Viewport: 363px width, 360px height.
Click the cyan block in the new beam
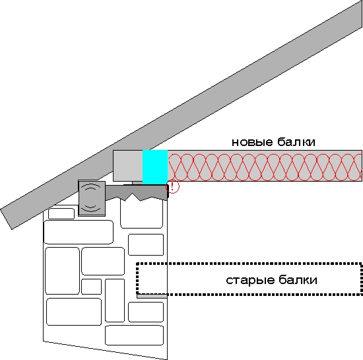155,167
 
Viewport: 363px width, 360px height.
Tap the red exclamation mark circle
172,187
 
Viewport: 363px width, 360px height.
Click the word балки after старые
298,279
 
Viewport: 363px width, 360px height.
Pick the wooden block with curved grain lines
92,198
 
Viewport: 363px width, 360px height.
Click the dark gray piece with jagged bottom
137,192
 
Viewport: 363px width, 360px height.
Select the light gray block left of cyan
128,165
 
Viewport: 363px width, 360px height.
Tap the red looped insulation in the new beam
265,167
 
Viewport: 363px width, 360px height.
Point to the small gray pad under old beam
152,297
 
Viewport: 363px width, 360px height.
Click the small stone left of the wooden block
61,213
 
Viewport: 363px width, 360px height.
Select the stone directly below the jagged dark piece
142,213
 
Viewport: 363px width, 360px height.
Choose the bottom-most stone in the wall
134,335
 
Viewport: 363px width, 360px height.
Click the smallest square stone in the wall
92,287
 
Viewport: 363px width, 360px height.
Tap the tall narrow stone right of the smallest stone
115,301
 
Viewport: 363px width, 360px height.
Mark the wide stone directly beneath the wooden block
79,232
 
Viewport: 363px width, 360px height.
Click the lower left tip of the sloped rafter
12,229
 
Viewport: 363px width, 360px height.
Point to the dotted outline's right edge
362,279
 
